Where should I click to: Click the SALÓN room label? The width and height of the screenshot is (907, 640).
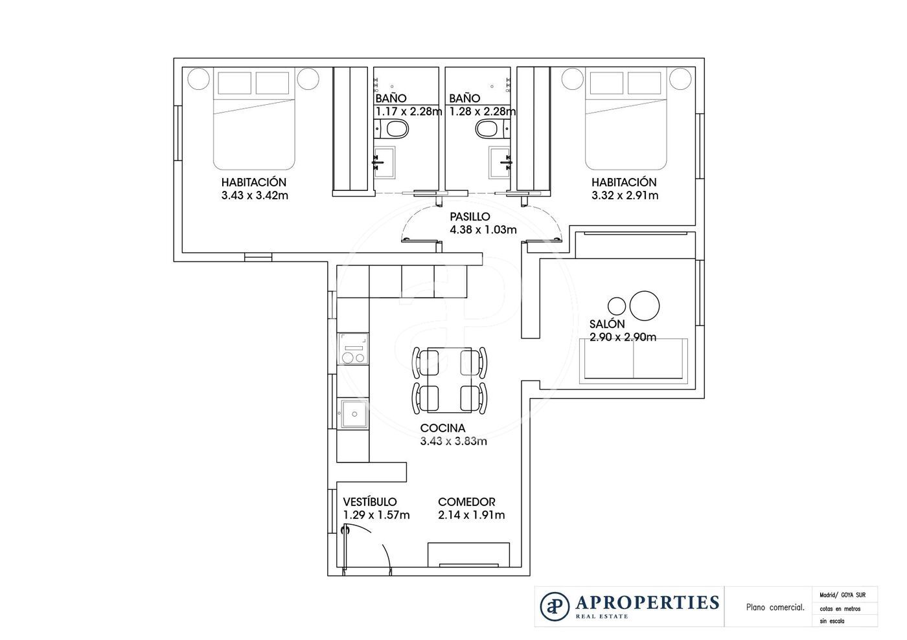pyautogui.click(x=607, y=324)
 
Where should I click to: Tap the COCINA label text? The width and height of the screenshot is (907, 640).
pyautogui.click(x=442, y=428)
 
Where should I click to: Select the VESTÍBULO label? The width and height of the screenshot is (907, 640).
pyautogui.click(x=369, y=502)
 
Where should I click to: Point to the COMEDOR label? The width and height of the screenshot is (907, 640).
pyautogui.click(x=466, y=502)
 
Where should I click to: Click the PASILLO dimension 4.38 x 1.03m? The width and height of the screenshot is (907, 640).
pyautogui.click(x=483, y=230)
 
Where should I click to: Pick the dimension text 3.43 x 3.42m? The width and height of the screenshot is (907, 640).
pyautogui.click(x=254, y=195)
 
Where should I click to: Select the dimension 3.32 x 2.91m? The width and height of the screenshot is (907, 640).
pyautogui.click(x=625, y=195)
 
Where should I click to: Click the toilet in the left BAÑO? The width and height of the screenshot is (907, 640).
pyautogui.click(x=395, y=130)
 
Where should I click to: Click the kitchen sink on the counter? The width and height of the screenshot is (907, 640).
pyautogui.click(x=353, y=414)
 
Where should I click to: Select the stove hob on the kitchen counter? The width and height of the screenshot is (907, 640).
pyautogui.click(x=353, y=349)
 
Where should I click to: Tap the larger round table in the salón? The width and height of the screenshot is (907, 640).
pyautogui.click(x=645, y=305)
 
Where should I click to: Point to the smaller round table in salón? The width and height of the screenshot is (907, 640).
pyautogui.click(x=617, y=305)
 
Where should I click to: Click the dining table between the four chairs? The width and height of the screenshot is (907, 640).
pyautogui.click(x=449, y=380)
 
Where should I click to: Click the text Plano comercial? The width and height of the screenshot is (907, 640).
pyautogui.click(x=775, y=608)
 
